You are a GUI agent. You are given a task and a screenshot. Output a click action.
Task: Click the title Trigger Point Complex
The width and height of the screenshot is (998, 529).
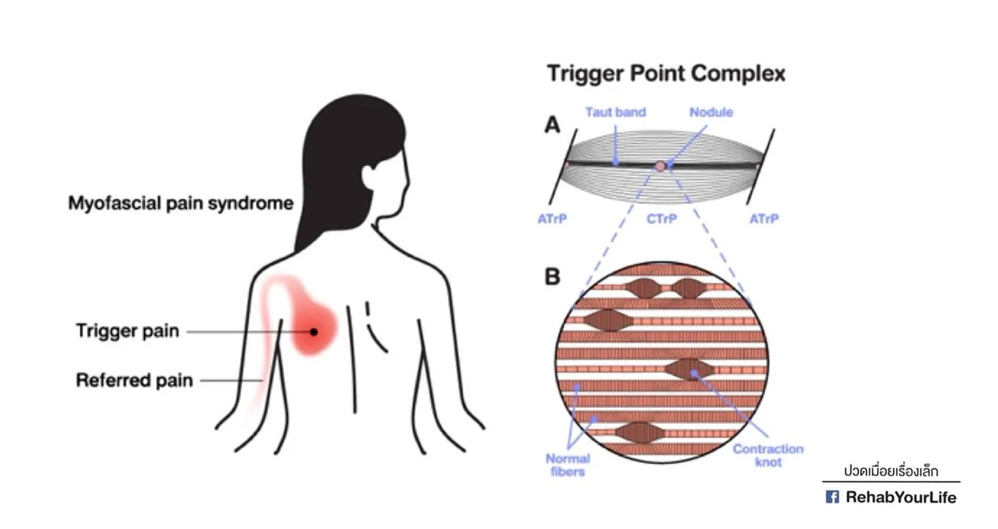666,73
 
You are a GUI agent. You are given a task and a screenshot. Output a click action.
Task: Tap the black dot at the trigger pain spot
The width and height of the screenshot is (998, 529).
314,331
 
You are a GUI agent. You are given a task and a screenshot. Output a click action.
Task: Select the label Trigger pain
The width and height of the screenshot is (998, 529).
127,331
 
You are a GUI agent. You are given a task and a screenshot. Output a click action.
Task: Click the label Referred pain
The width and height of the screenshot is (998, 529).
134,381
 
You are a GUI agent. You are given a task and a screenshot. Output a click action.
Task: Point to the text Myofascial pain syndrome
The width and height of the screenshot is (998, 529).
181,203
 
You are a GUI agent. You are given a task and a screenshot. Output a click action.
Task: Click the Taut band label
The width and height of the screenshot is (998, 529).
615,112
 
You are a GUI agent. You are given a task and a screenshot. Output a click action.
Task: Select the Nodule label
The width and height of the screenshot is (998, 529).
711,112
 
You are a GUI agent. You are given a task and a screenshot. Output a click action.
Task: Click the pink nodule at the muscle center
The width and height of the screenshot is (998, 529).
661,166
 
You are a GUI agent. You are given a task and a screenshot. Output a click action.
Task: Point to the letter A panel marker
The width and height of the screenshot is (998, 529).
552,126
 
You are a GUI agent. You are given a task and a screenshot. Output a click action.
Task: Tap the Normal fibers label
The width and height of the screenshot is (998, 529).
568,465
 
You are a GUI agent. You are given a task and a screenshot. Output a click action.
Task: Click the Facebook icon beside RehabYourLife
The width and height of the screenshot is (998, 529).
832,497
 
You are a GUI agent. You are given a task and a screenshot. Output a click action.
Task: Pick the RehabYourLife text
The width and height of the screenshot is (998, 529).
901,497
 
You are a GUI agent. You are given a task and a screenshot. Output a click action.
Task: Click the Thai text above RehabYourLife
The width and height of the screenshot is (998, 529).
891,471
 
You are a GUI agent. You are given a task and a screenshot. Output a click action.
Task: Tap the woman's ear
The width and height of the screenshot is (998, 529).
369,176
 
